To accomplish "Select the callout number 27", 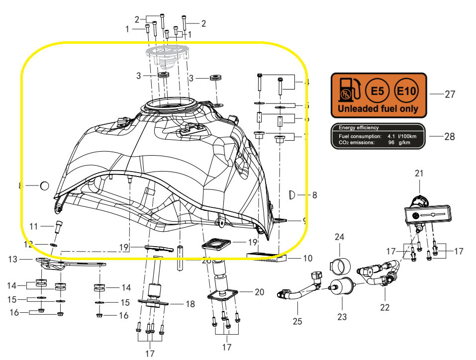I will click(450, 94).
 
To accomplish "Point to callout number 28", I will click(449, 137).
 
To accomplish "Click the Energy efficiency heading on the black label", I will click(359, 128).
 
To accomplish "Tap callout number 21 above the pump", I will click(419, 173).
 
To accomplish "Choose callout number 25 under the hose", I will click(297, 321).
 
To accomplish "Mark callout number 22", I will click(384, 307).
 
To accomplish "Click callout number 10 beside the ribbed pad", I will click(308, 259).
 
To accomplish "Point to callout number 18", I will click(190, 304).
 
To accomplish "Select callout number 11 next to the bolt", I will click(34, 226).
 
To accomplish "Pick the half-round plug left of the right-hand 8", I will click(292, 194).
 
